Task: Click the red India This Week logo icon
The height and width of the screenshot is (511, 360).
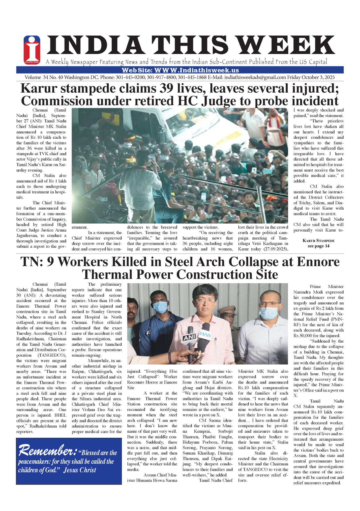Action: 32,50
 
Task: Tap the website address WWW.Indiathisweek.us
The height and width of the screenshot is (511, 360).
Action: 197,70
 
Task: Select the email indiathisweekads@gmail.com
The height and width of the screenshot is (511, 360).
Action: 255,77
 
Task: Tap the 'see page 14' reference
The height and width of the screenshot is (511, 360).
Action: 318,246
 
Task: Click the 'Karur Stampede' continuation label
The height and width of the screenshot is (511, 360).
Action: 318,241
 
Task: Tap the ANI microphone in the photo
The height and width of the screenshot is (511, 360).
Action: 189,337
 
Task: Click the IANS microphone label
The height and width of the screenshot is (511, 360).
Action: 205,334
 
